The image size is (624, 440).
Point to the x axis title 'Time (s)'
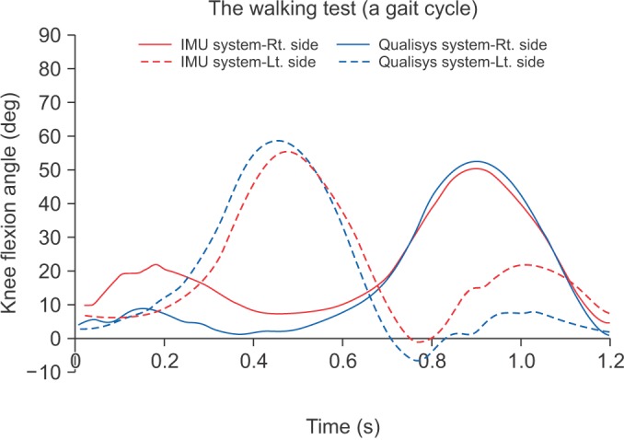click(x=343, y=427)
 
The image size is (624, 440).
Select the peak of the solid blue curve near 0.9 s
click(x=476, y=161)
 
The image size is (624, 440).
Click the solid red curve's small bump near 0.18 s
click(x=156, y=265)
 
